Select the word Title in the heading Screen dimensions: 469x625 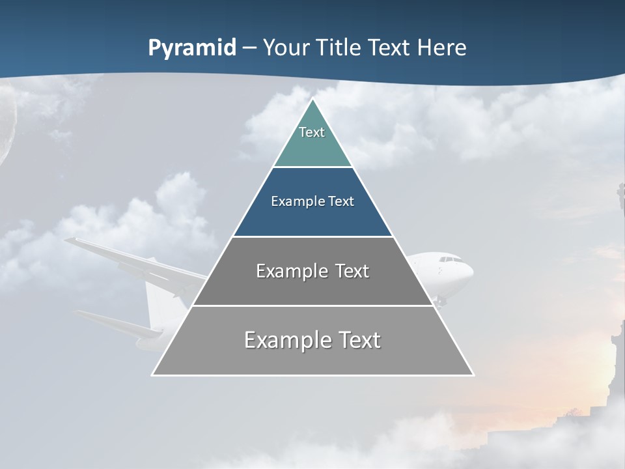coord(342,48)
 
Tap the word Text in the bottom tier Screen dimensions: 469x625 coord(356,340)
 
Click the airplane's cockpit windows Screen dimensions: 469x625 coord(450,260)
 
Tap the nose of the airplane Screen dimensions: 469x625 coord(471,272)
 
